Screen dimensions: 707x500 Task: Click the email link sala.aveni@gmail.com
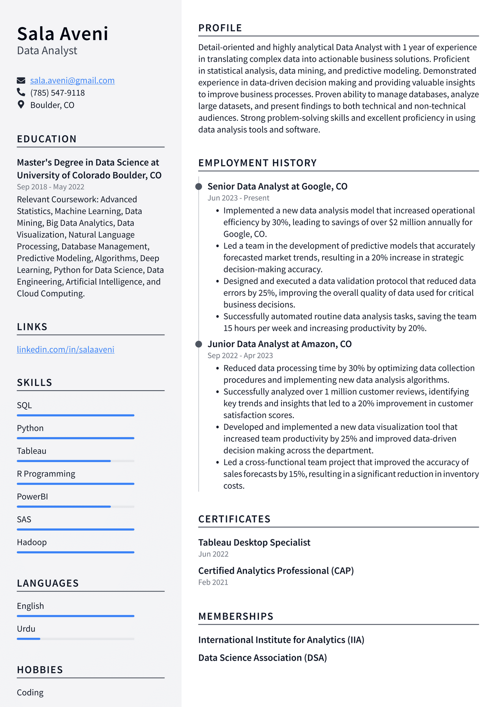[x=72, y=81]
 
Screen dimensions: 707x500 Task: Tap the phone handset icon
[x=21, y=92]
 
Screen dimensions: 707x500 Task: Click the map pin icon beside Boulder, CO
[x=21, y=105]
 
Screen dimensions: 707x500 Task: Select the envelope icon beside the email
[x=21, y=81]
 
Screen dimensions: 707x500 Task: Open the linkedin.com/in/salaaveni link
[x=66, y=350]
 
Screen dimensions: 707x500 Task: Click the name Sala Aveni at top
[x=63, y=34]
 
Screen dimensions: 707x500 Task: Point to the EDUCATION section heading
[x=47, y=139]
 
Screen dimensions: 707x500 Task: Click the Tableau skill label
[x=31, y=451]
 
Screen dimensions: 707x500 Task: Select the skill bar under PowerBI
[x=75, y=507]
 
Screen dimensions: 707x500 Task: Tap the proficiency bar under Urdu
[x=75, y=639]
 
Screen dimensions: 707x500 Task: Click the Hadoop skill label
[x=32, y=542]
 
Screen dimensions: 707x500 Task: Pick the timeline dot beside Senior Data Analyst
[x=199, y=187]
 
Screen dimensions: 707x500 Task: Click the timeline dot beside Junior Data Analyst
[x=199, y=344]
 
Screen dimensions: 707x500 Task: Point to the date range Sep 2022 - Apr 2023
[x=240, y=356]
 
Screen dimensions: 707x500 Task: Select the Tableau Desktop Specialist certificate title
[x=254, y=543]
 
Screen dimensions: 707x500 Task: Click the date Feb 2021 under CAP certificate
[x=213, y=582]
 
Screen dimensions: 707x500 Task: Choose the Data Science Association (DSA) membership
[x=262, y=658]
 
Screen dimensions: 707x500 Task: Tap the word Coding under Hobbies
[x=30, y=693]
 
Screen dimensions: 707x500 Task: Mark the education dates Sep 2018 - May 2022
[x=51, y=187]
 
